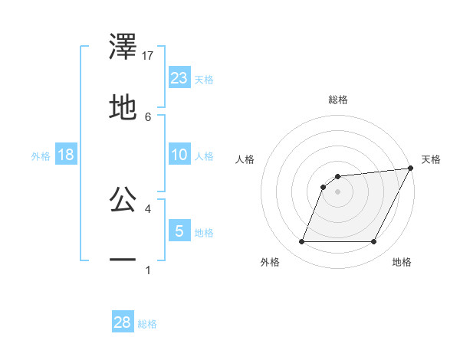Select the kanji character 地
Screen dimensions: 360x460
coord(123,107)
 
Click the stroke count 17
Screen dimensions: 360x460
coord(149,56)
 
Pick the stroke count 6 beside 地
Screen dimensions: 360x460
coord(149,116)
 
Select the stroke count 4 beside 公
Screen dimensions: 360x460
coord(149,208)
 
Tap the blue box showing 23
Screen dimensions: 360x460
coord(179,77)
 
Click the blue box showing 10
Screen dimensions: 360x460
coord(179,155)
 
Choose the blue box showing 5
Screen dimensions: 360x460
coord(179,231)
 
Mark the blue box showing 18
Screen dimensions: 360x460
coord(66,155)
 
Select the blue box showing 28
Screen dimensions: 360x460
coord(123,322)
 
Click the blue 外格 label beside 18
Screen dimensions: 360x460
coord(41,155)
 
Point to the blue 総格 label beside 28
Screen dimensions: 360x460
coord(147,324)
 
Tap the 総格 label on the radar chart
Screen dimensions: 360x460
coord(337,100)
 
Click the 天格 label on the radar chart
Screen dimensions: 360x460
coord(431,159)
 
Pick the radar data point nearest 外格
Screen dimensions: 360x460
coord(301,242)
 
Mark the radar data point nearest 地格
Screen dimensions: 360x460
coord(373,242)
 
